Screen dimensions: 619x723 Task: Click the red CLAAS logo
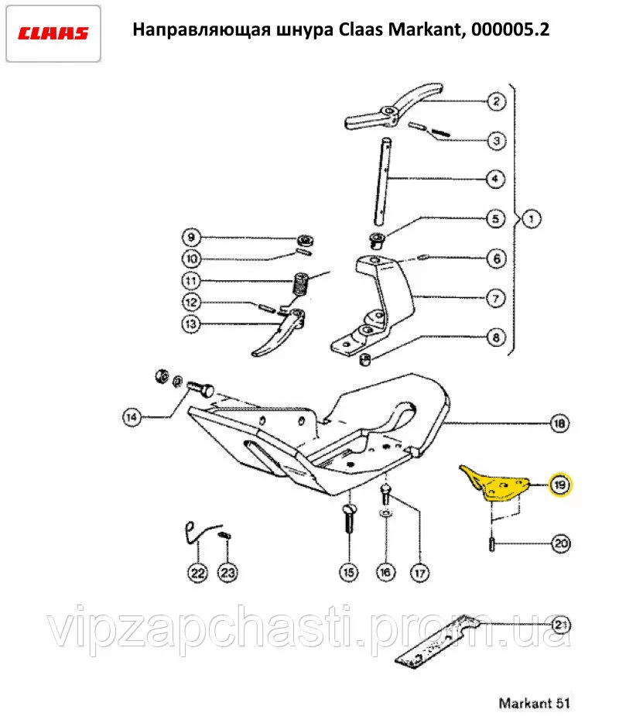tap(53, 33)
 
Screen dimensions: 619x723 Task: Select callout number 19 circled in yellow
tap(559, 485)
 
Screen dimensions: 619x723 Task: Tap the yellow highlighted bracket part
tap(494, 484)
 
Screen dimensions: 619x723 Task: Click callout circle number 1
tap(532, 218)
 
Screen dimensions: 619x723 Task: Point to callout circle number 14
tap(132, 417)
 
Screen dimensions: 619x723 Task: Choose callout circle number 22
tap(198, 573)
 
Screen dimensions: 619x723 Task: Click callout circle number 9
tap(191, 238)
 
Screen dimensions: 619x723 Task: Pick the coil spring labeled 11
tap(301, 284)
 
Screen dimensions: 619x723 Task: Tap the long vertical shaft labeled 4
tap(384, 182)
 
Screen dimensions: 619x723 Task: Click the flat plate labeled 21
tap(436, 642)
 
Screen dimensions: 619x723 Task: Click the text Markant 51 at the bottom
tap(534, 703)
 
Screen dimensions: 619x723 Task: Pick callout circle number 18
tap(559, 423)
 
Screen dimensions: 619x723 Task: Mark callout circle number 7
tap(496, 298)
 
